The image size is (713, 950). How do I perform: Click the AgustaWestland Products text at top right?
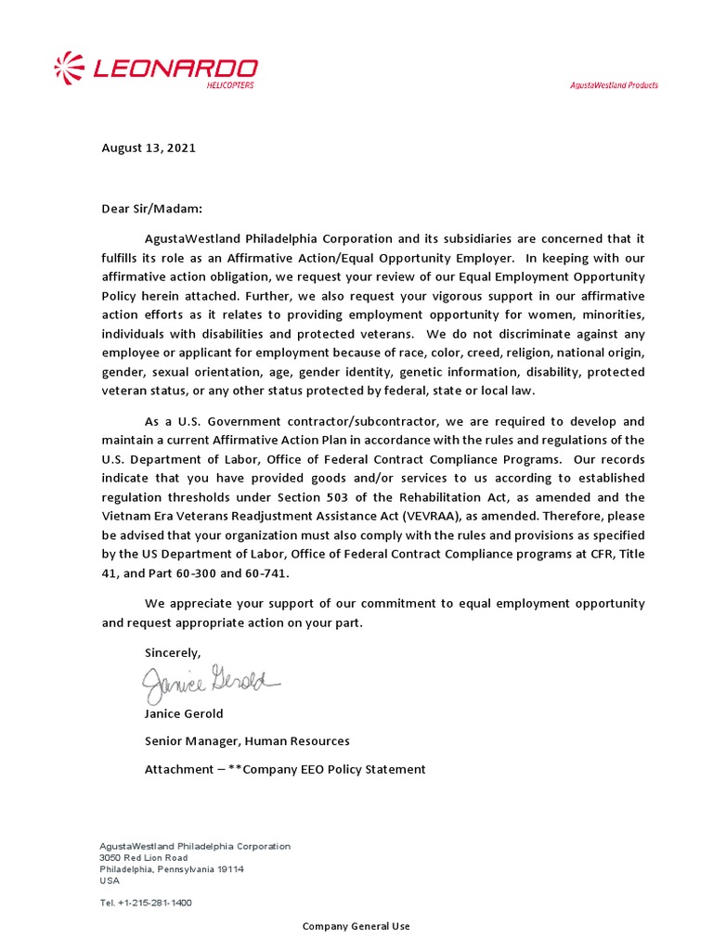click(x=614, y=85)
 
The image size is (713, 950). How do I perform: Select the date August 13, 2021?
click(x=149, y=148)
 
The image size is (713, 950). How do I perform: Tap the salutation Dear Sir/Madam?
click(x=151, y=209)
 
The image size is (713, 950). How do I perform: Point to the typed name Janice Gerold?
click(x=184, y=714)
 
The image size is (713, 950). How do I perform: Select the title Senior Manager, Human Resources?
click(x=247, y=741)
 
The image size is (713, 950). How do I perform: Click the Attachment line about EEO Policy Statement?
click(x=285, y=769)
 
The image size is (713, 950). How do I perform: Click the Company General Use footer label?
click(x=356, y=927)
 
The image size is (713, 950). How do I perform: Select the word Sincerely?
click(x=173, y=653)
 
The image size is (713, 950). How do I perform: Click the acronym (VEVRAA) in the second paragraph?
click(x=490, y=516)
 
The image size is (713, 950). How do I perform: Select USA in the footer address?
click(x=110, y=880)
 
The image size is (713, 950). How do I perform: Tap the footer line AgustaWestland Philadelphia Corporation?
click(x=195, y=846)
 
